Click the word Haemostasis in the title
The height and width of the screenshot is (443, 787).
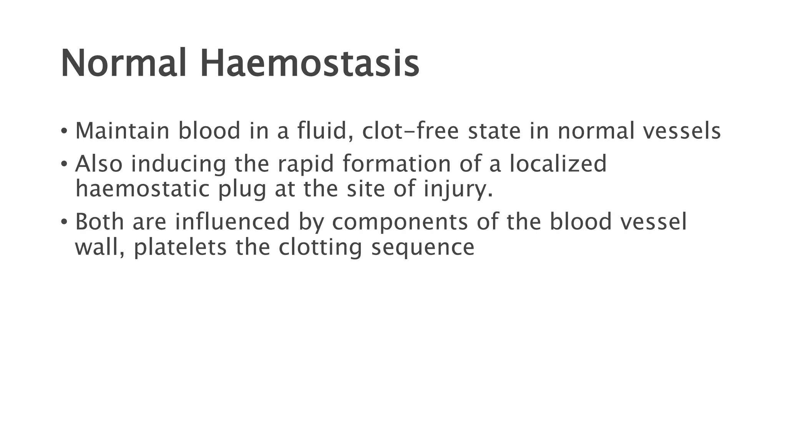tap(309, 63)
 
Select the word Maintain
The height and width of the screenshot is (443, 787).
tap(122, 131)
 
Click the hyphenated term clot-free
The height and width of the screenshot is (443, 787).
tap(410, 131)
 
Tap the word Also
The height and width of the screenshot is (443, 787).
tap(99, 163)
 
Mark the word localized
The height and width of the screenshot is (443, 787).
tap(558, 163)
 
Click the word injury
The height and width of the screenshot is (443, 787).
tap(457, 190)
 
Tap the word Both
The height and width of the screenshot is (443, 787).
tap(99, 222)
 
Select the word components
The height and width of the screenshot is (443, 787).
tap(400, 223)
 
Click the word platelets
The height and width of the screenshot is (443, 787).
tap(180, 248)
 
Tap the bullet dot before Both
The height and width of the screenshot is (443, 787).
tap(64, 222)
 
